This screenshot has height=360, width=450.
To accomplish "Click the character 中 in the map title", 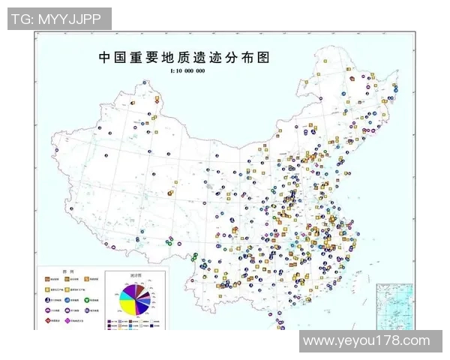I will [106, 57].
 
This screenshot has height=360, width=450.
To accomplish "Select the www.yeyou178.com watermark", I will [367, 341].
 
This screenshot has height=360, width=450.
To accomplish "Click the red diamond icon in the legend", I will [47, 319].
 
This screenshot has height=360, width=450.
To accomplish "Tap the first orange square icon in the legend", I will [47, 279].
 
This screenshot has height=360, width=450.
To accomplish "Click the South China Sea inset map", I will [394, 304].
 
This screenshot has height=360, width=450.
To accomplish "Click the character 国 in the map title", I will [123, 57].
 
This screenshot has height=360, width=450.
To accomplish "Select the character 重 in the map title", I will [140, 57].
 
